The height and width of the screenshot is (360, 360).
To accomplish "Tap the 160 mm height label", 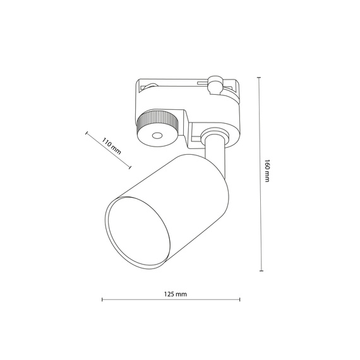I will [x=268, y=171].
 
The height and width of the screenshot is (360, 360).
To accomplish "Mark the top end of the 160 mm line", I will [x=259, y=77].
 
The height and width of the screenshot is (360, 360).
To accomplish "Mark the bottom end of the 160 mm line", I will [x=259, y=270].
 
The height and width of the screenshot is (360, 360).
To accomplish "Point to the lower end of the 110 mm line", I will [x=130, y=167].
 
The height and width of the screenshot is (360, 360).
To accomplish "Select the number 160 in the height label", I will [x=268, y=165].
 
